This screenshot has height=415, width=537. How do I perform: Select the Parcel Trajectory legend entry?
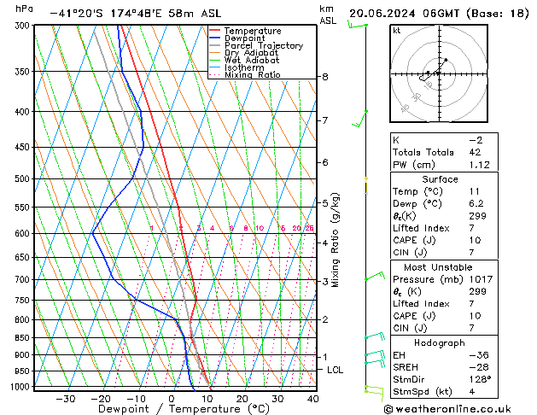[263, 45]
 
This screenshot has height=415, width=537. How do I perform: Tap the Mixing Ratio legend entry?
[252, 74]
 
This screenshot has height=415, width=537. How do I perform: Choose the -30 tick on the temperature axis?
[65, 399]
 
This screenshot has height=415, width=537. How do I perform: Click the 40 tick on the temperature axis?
[313, 399]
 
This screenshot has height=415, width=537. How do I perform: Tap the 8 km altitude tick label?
[324, 77]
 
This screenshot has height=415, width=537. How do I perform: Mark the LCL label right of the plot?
[335, 370]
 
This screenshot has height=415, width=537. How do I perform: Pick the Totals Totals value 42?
[475, 152]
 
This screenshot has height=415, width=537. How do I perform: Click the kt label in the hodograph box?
[397, 30]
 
